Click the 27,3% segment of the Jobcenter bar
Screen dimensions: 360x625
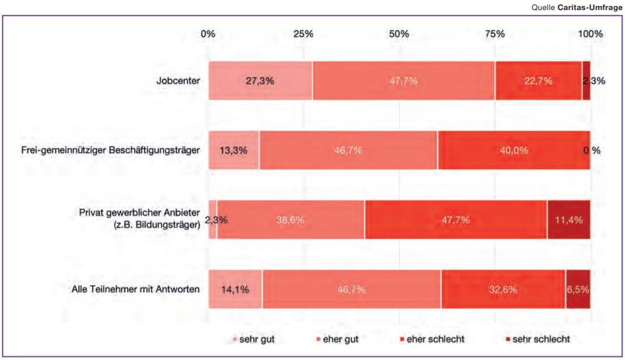pos(260,81)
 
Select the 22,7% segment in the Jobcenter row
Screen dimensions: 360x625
pos(538,81)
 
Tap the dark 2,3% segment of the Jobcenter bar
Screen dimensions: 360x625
pos(586,81)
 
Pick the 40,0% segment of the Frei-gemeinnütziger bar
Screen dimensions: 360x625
pos(514,150)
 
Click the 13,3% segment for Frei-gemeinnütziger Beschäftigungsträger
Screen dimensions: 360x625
pos(234,150)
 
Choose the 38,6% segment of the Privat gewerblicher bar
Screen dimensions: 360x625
pos(290,220)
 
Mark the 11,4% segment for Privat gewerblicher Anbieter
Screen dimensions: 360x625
pos(569,220)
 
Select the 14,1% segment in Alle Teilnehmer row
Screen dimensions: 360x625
pos(235,289)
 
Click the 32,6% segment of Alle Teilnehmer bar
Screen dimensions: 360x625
pos(503,289)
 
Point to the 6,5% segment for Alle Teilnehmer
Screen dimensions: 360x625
pos(578,289)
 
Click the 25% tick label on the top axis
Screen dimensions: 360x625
pos(303,34)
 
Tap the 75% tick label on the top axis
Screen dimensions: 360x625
pos(495,34)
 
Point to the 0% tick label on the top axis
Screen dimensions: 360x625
pos(208,34)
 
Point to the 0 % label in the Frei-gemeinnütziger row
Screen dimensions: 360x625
pos(592,150)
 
